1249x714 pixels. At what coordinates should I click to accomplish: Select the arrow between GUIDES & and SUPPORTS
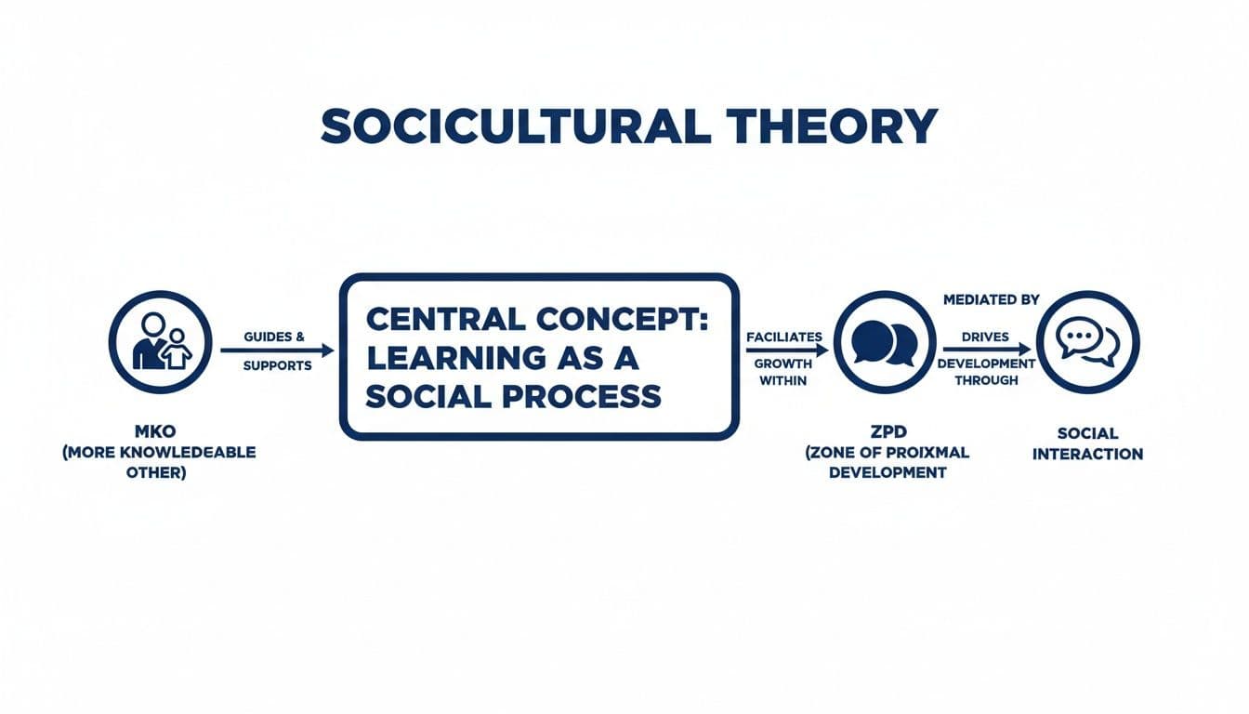pyautogui.click(x=277, y=350)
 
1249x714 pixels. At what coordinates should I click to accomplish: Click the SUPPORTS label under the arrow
pyautogui.click(x=277, y=366)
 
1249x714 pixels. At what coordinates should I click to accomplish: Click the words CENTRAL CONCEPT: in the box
pyautogui.click(x=537, y=319)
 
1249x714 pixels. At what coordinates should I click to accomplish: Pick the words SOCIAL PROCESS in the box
pyautogui.click(x=514, y=396)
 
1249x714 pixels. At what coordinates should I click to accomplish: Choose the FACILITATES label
pyautogui.click(x=783, y=336)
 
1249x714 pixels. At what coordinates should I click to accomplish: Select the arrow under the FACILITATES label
pyautogui.click(x=786, y=350)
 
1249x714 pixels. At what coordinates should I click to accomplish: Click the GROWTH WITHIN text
pyautogui.click(x=783, y=372)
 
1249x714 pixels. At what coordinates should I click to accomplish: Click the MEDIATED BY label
pyautogui.click(x=991, y=300)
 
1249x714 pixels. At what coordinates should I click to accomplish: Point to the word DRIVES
pyautogui.click(x=986, y=337)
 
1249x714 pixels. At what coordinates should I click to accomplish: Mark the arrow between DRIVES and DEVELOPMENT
pyautogui.click(x=986, y=350)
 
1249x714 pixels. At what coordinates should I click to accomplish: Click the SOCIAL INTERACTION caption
pyautogui.click(x=1087, y=443)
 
